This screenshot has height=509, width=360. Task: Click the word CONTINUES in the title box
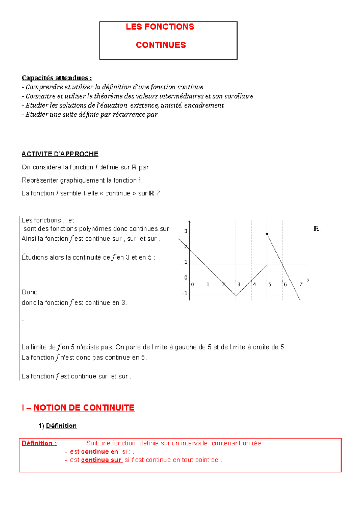[x=161, y=45]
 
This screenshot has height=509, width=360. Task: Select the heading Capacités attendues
[x=57, y=78]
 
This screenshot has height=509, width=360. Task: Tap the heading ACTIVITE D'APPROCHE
[x=60, y=154]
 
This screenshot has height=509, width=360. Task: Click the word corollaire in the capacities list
[x=240, y=96]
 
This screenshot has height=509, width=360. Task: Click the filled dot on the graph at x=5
[x=267, y=234]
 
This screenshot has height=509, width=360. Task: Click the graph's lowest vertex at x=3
[x=236, y=296]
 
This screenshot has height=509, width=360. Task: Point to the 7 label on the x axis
[x=301, y=284]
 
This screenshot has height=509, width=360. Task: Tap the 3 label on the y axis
[x=186, y=231]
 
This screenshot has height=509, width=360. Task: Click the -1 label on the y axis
[x=184, y=293]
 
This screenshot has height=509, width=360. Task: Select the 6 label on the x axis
[x=285, y=284]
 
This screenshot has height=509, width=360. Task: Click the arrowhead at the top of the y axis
[x=189, y=222]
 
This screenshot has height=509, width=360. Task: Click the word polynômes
[x=96, y=229]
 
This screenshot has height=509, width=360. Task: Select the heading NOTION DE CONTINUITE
[x=84, y=408]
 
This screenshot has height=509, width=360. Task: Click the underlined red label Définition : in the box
[x=39, y=443]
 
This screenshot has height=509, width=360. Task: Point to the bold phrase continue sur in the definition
[x=101, y=460]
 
